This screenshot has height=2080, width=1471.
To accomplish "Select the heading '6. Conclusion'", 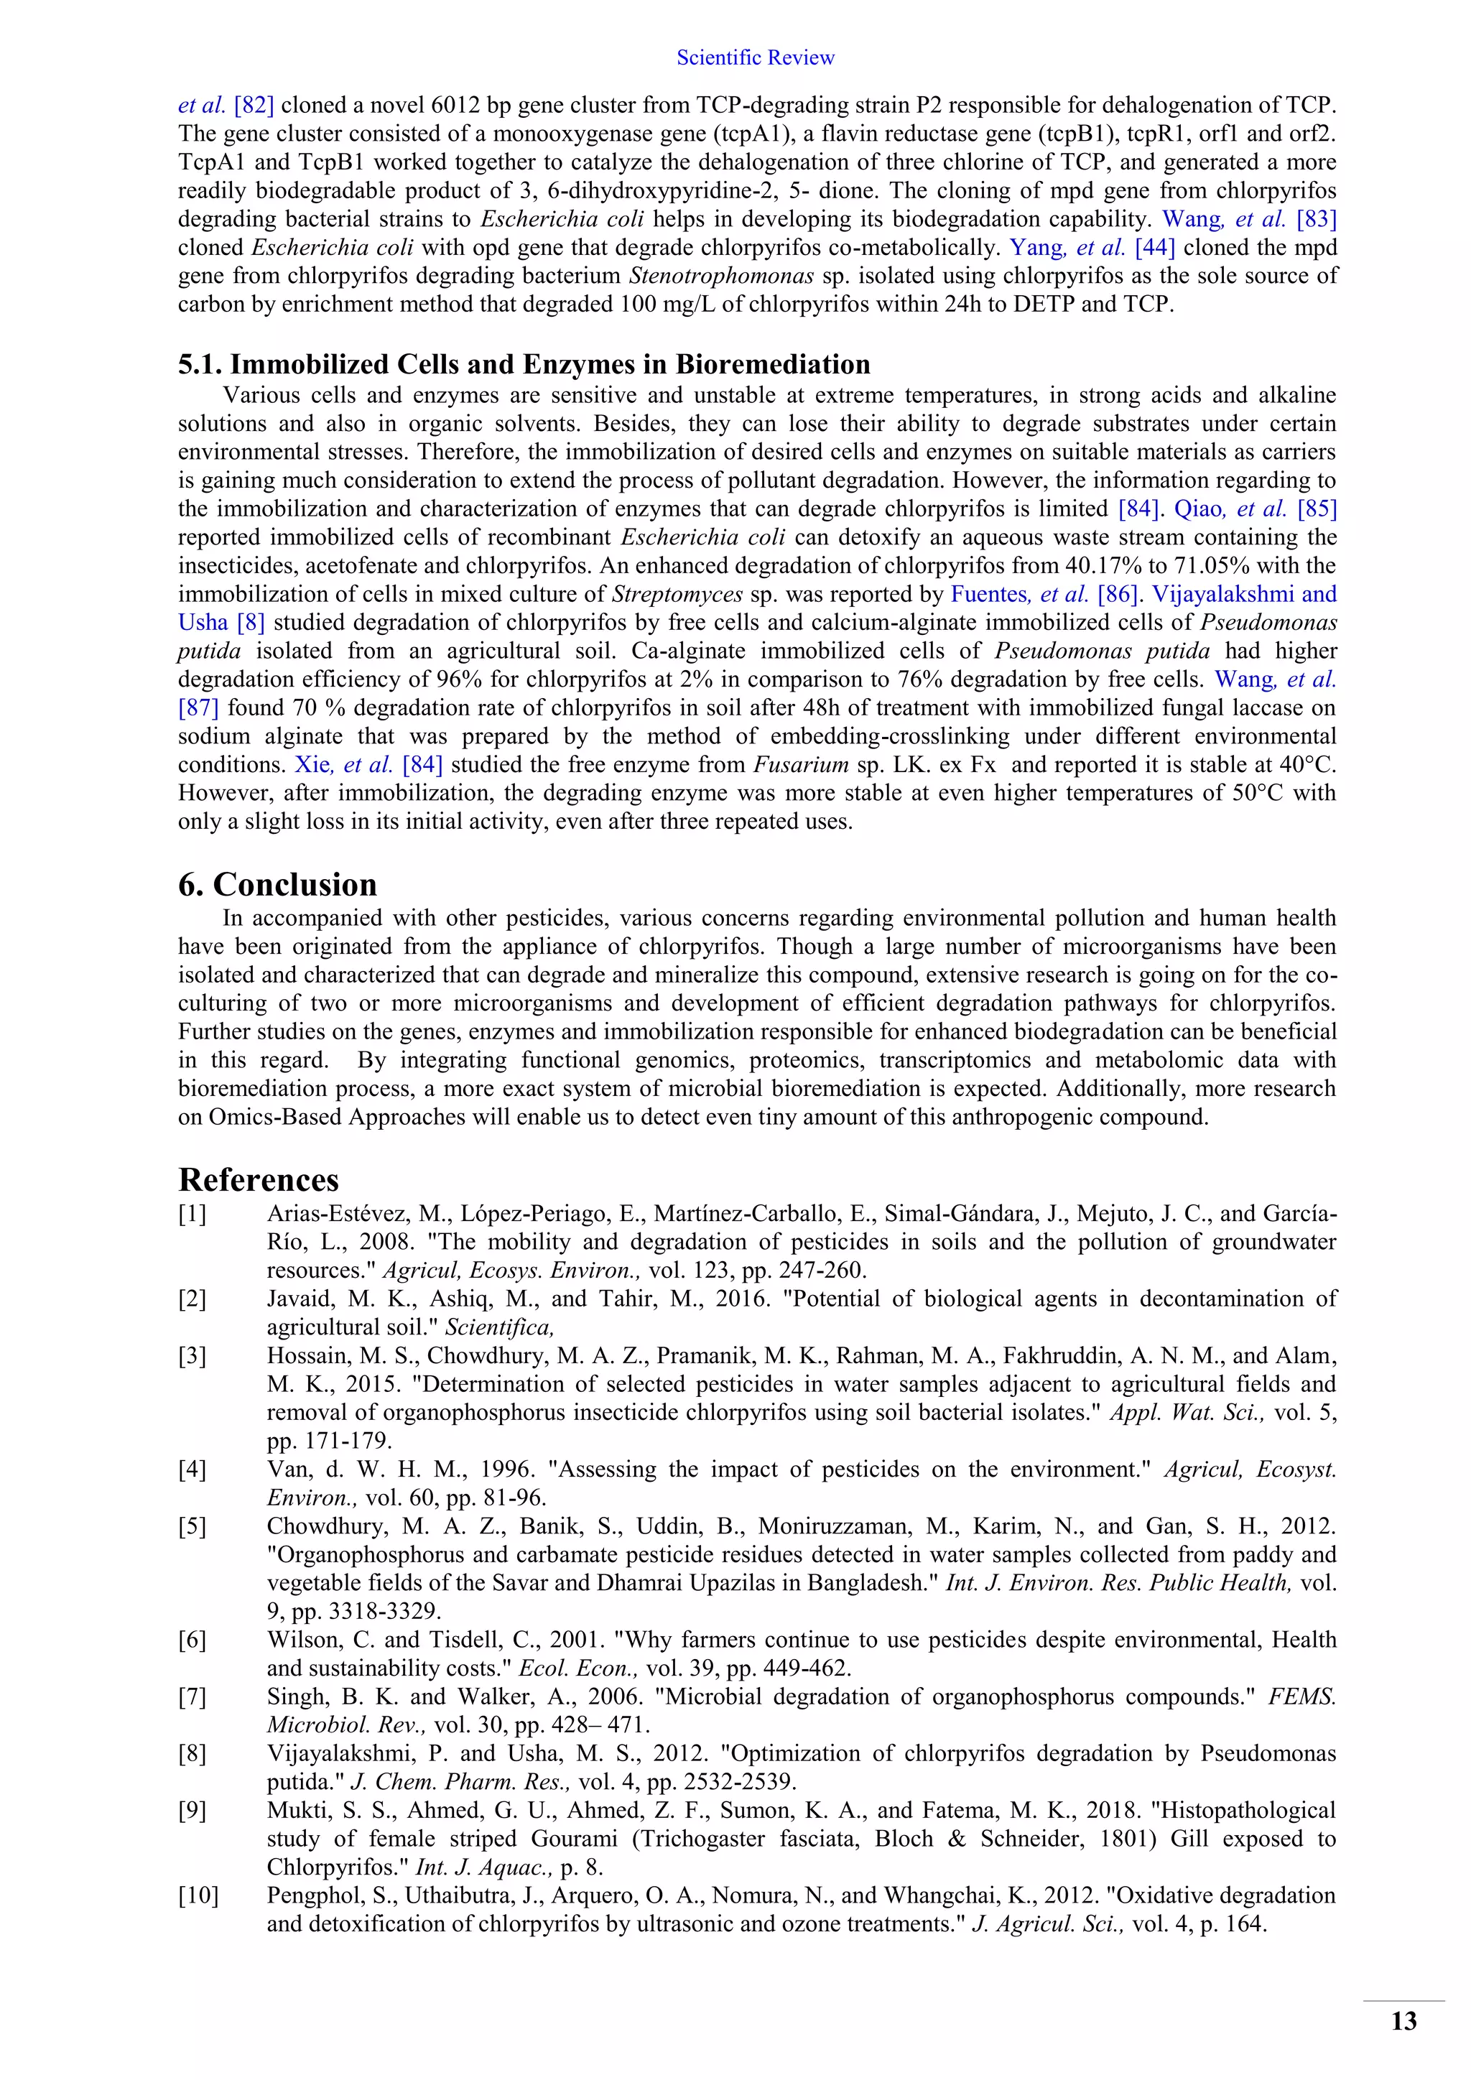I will [277, 884].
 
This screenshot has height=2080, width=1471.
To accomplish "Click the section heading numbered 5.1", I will [524, 364].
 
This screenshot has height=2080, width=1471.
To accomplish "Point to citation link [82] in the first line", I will [254, 105].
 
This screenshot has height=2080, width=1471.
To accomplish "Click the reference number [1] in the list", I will [192, 1214].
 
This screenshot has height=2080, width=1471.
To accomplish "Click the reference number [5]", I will [192, 1526].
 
